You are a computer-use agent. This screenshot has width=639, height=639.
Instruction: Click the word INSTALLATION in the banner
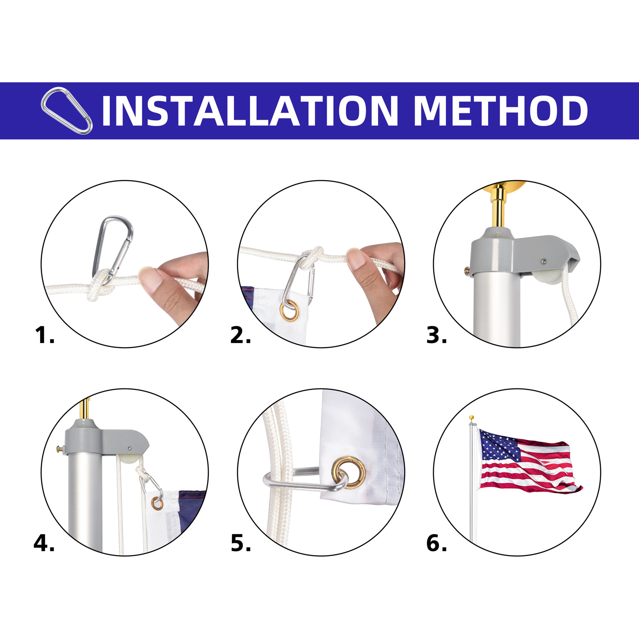pyautogui.click(x=250, y=111)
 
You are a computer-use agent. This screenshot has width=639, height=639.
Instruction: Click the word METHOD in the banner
pyautogui.click(x=501, y=111)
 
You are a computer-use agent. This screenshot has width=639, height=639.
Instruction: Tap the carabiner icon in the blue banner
pyautogui.click(x=66, y=110)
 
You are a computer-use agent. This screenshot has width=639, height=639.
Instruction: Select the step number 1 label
pyautogui.click(x=44, y=335)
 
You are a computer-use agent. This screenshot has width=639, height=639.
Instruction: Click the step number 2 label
pyautogui.click(x=240, y=335)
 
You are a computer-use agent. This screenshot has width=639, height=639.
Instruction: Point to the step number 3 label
pyautogui.click(x=436, y=335)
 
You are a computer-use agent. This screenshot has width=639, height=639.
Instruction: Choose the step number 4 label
pyautogui.click(x=44, y=544)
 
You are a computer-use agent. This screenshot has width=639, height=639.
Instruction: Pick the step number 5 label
pyautogui.click(x=240, y=544)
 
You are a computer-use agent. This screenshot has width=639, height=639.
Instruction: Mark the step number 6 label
pyautogui.click(x=436, y=544)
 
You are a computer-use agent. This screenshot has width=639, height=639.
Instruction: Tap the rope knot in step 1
pyautogui.click(x=99, y=288)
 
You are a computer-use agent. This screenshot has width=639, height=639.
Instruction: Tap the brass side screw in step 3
pyautogui.click(x=467, y=269)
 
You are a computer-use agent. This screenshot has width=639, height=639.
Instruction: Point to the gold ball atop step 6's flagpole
pyautogui.click(x=472, y=417)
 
